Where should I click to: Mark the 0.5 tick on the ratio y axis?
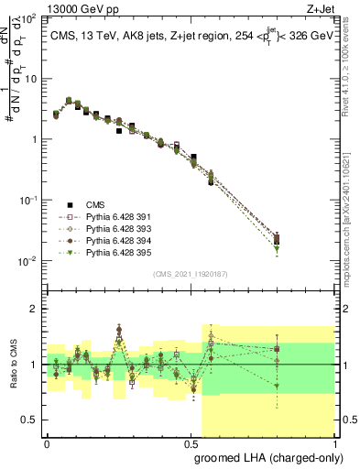(31, 420)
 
